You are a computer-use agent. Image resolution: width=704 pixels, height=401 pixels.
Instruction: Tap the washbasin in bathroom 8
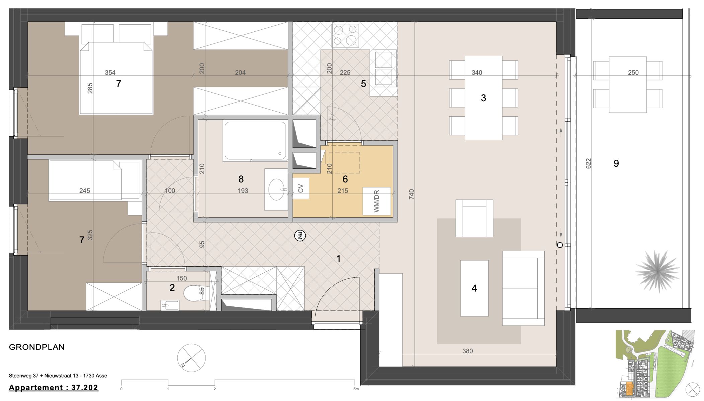pos(277,189)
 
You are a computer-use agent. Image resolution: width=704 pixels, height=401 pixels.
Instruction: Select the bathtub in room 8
pos(255,141)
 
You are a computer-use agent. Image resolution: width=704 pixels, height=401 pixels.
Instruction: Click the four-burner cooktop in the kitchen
pos(345,35)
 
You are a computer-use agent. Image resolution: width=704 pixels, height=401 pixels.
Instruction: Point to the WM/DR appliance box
pos(377,201)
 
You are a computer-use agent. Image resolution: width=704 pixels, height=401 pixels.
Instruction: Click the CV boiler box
pos(301,188)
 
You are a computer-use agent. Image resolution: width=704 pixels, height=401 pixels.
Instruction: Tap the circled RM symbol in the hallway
pos(300,236)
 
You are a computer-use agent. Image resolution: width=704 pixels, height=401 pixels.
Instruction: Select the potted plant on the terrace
pos(657,271)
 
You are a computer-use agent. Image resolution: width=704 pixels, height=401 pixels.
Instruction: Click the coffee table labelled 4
pos(474,288)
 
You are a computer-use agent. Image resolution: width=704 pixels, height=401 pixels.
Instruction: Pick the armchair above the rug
pos(474,218)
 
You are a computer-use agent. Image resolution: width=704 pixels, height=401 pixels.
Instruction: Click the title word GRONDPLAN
pos(37,347)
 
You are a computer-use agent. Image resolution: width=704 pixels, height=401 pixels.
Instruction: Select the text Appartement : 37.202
pos(54,388)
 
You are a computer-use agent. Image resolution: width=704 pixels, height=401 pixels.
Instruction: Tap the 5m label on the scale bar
pos(356,389)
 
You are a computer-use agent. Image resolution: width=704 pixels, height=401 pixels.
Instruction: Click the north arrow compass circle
pos(191,358)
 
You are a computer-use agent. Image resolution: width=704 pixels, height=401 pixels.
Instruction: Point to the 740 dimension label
pos(411,194)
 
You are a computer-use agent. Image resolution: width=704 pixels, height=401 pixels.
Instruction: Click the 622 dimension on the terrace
pos(589,163)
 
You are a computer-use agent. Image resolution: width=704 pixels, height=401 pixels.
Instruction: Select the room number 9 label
pos(616,163)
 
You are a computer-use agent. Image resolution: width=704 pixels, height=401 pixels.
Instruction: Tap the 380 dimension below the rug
pos(467,351)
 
